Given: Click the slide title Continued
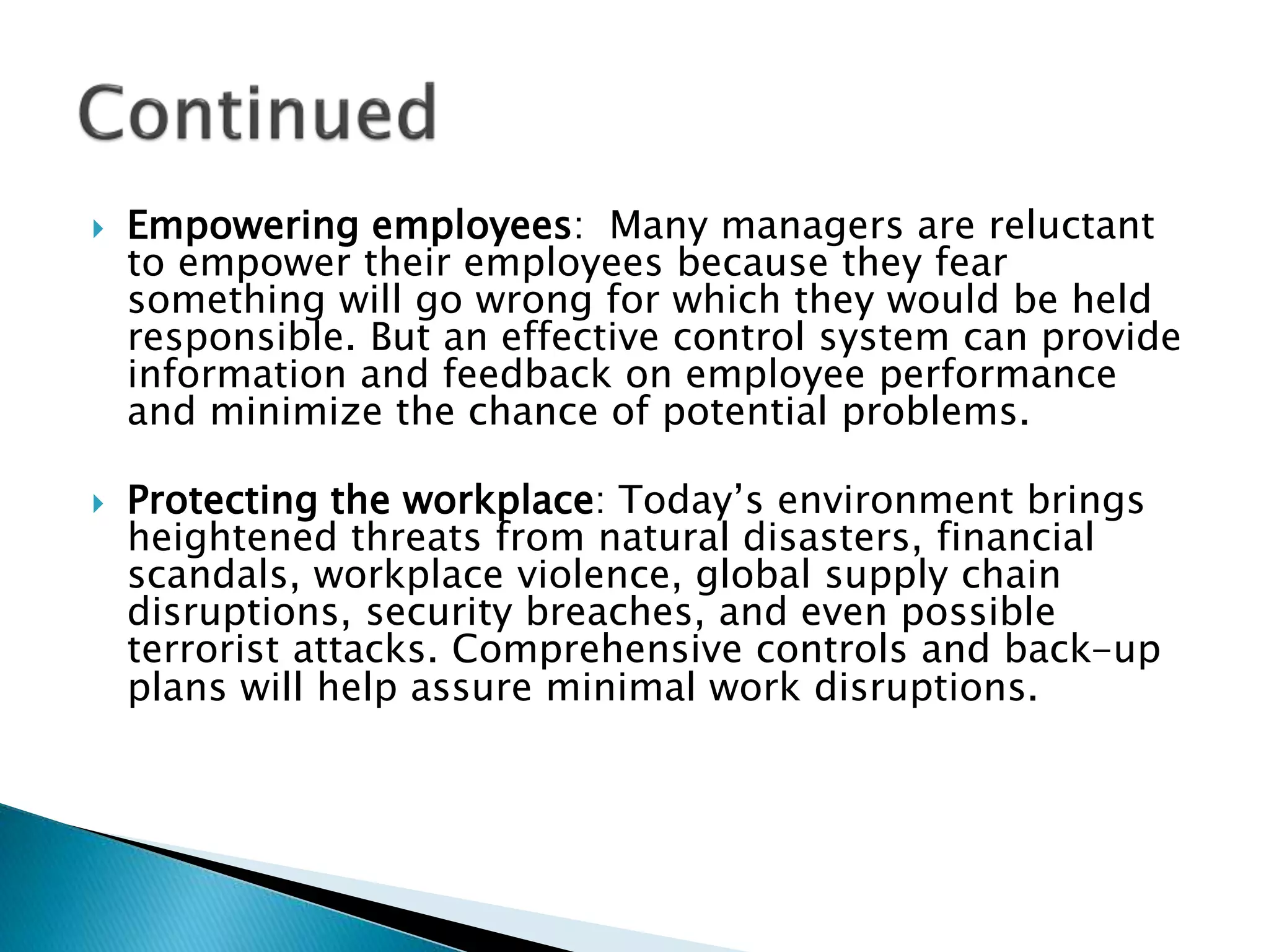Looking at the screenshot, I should pos(257,113).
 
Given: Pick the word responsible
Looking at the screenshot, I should pos(242,338).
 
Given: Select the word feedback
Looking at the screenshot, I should pos(527,375).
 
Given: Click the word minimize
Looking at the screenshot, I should pos(296,412).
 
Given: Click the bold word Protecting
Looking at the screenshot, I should pos(221,500).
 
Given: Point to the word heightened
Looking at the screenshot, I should pos(232,537).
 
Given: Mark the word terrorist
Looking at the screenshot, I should pos(203,650).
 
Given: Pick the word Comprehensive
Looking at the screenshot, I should pos(595,650).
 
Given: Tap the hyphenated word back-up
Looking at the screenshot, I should pos(1082,650).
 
